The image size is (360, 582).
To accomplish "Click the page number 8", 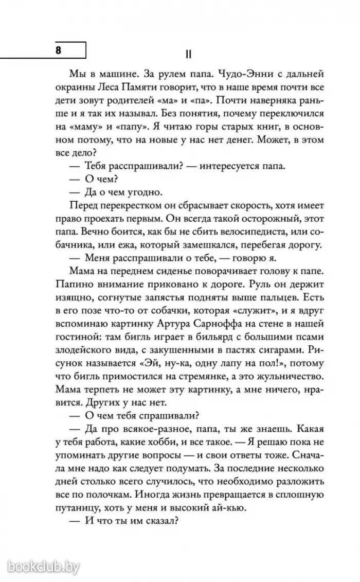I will pos(58,50).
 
